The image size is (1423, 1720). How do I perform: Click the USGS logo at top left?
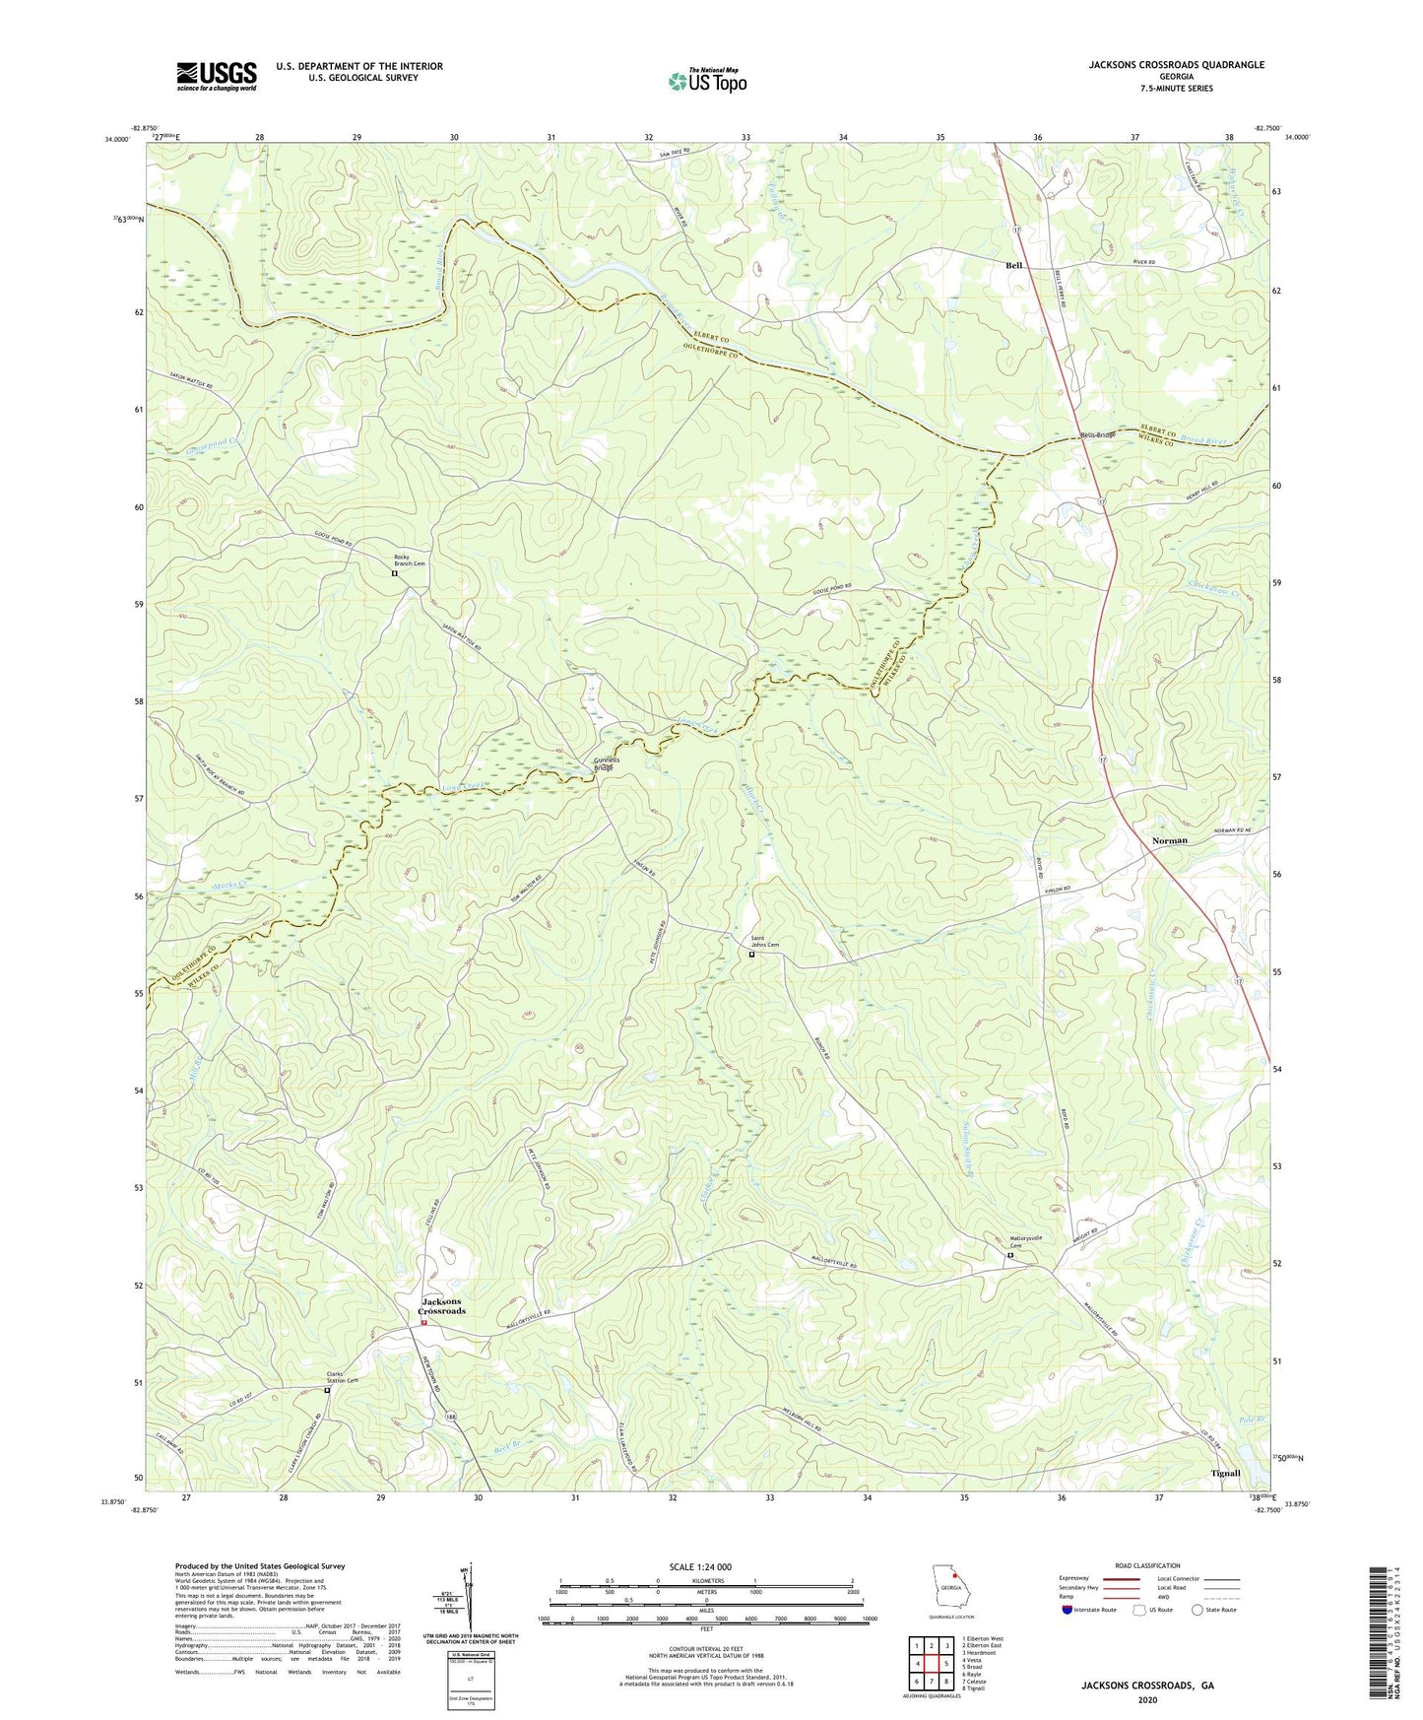pyautogui.click(x=217, y=76)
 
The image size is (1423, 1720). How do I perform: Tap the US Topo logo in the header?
pyautogui.click(x=706, y=81)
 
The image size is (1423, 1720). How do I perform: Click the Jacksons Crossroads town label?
pyautogui.click(x=441, y=1306)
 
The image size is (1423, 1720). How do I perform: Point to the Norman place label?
pyautogui.click(x=1170, y=840)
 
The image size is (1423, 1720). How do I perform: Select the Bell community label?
pyautogui.click(x=1013, y=266)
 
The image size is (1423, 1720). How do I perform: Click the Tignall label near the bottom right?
pyautogui.click(x=1225, y=1474)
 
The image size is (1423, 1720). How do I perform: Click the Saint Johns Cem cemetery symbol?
pyautogui.click(x=752, y=954)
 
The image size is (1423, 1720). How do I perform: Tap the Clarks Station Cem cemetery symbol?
pyautogui.click(x=328, y=1391)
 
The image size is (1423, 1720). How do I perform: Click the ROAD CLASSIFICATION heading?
pyautogui.click(x=1147, y=1565)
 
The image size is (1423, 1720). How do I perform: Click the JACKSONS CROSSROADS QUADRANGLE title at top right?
pyautogui.click(x=1176, y=65)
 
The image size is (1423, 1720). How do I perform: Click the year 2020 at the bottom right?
pyautogui.click(x=1146, y=1699)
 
